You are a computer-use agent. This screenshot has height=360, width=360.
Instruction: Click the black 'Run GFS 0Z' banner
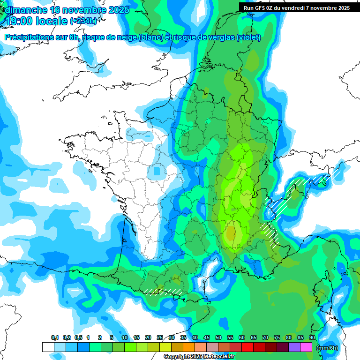coord(296,8)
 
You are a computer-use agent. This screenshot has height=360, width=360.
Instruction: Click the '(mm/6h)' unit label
coord(327,348)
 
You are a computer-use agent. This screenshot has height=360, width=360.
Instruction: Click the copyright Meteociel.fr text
coord(199,357)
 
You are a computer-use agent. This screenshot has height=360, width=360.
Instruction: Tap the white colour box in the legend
coord(48,347)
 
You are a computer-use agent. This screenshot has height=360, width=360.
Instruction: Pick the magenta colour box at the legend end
coord(306,347)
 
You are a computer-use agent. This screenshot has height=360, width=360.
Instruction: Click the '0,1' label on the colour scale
coord(55,338)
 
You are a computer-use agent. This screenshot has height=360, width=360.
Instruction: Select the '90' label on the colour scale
coord(312,338)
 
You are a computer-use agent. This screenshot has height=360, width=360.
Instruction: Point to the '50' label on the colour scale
coord(218,338)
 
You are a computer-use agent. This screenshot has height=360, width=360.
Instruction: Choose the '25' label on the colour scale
coord(160,338)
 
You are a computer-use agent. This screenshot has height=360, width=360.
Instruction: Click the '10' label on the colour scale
coord(125,338)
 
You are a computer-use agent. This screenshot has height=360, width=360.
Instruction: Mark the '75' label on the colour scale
coord(277,338)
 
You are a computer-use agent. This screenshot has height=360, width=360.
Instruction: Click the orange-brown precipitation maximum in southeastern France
coord(231,232)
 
